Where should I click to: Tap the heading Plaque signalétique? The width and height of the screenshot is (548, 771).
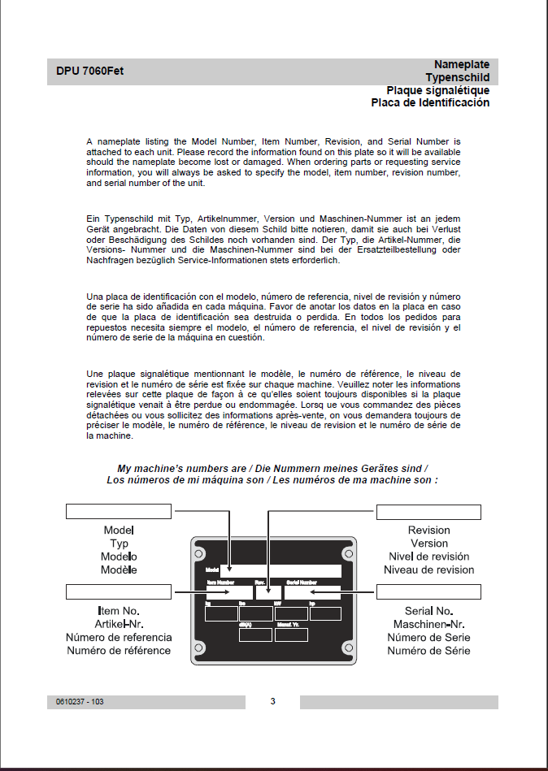[437, 90]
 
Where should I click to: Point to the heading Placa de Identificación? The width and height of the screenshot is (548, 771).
[430, 103]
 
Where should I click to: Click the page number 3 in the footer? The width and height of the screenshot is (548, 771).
[273, 701]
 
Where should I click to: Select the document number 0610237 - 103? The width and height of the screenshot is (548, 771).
[80, 702]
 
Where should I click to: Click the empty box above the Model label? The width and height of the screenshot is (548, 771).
[119, 511]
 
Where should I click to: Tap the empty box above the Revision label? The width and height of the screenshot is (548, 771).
[428, 512]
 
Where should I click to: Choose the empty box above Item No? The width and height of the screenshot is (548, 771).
[119, 591]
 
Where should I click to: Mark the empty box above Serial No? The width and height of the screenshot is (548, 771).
[428, 591]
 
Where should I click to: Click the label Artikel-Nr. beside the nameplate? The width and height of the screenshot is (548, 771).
[119, 624]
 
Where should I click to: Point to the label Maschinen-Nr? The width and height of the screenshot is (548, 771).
[428, 624]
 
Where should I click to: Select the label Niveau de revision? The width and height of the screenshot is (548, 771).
[428, 570]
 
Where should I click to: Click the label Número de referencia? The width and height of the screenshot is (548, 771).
[119, 637]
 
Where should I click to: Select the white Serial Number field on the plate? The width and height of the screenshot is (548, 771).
[312, 592]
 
